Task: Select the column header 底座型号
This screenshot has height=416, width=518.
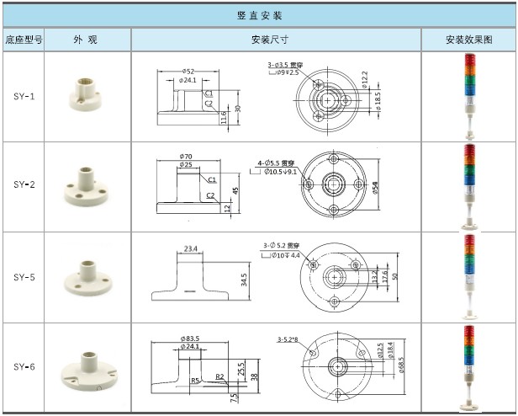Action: click(24, 40)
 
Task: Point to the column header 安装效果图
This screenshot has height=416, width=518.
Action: click(468, 40)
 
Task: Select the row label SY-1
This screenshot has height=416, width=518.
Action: click(24, 97)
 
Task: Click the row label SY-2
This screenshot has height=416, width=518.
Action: click(24, 184)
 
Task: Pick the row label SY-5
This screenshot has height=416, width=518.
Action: click(24, 276)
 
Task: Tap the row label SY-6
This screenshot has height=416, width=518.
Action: click(24, 367)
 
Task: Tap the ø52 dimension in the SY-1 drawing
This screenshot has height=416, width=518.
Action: click(188, 71)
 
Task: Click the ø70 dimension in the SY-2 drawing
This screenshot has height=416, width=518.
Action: click(187, 156)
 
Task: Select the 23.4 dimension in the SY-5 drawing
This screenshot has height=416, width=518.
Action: click(191, 248)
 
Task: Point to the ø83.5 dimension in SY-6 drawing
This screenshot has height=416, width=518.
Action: click(190, 338)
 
